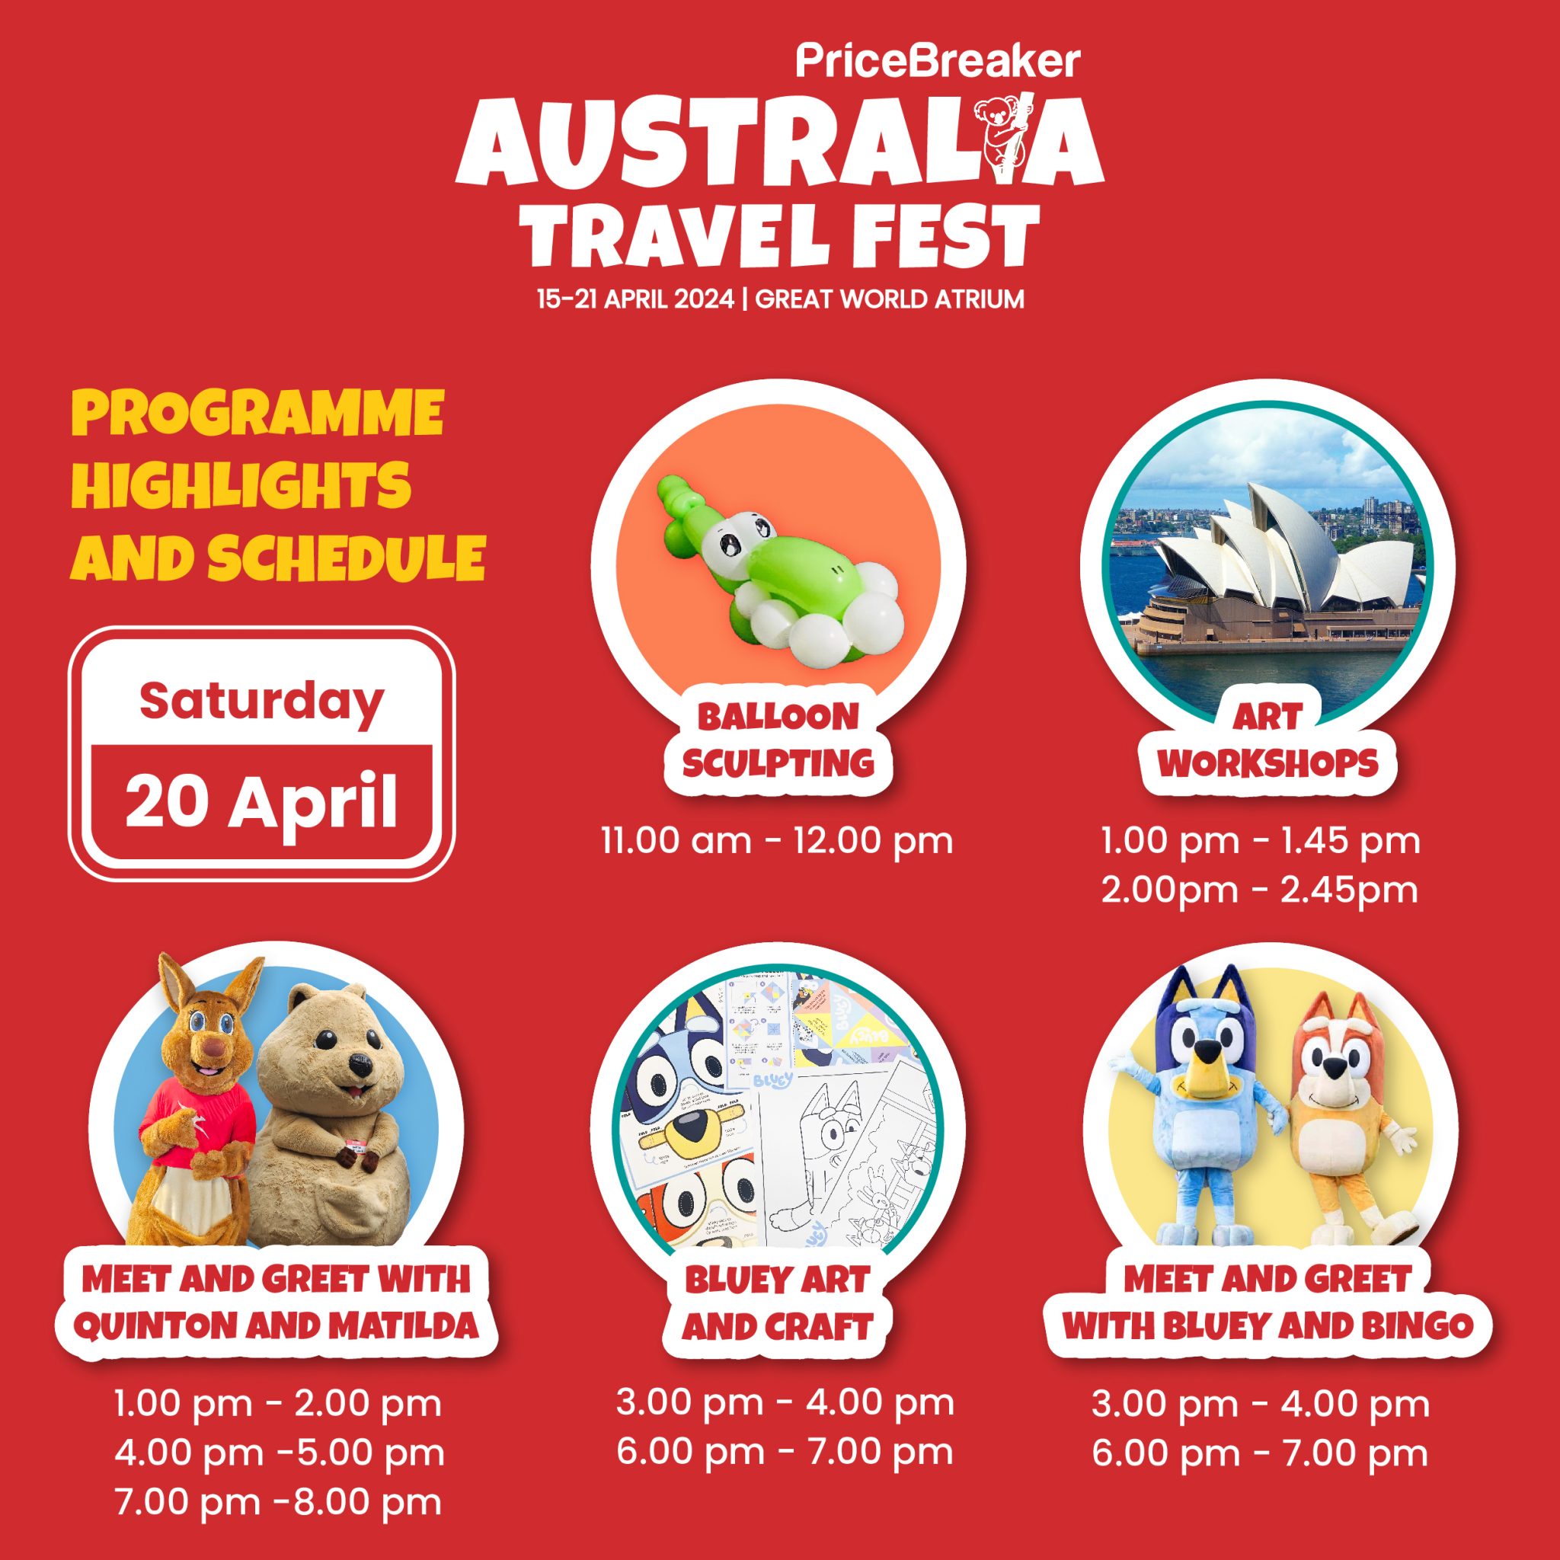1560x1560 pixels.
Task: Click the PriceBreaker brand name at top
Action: coord(938,62)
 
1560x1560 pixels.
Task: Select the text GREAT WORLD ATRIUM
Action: coord(890,299)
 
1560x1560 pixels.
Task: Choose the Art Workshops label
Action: coord(1268,740)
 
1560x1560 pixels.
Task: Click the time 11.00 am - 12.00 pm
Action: coord(777,842)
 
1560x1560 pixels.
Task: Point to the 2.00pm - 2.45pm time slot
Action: coord(1260,890)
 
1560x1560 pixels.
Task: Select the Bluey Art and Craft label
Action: coord(777,1303)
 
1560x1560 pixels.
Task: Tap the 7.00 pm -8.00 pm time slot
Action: coord(280,1502)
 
